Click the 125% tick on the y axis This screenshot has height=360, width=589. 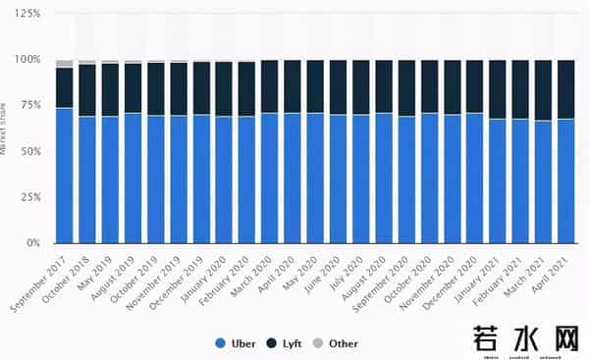[x=27, y=14]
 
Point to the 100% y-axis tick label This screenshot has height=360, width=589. [x=27, y=60]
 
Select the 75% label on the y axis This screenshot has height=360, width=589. [x=29, y=106]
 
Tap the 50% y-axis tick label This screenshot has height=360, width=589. [x=29, y=152]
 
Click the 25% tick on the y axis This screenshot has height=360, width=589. [x=29, y=197]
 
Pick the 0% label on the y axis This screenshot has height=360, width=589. [x=32, y=243]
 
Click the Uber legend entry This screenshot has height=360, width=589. [x=238, y=343]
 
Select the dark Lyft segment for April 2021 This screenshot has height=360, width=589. [x=566, y=89]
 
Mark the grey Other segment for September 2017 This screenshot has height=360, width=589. [x=65, y=64]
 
